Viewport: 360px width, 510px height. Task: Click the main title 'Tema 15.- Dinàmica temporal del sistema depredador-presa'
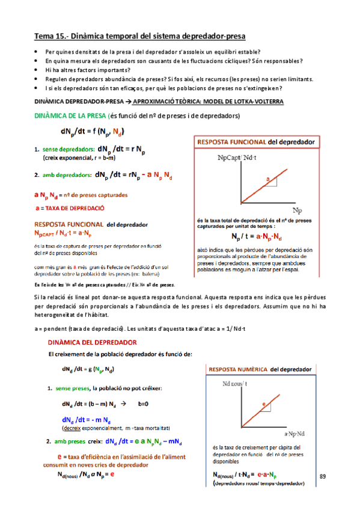140,37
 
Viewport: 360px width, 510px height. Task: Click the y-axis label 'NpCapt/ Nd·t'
232,158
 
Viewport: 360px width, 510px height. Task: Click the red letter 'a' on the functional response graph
268,179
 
